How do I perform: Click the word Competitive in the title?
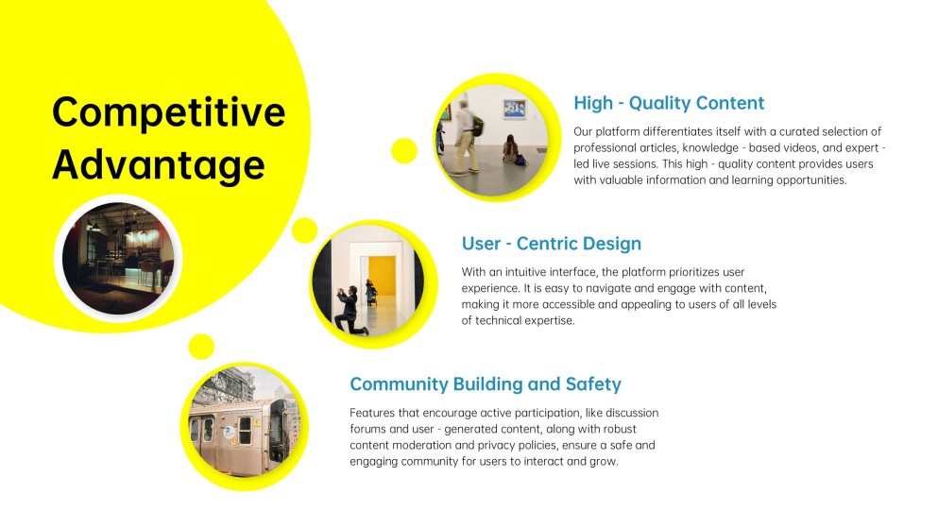coord(169,113)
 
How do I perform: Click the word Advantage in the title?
coord(159,164)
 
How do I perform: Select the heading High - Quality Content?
coord(669,103)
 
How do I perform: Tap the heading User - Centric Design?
coord(551,244)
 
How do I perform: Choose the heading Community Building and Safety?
coord(486,383)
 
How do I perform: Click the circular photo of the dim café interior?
coord(118,258)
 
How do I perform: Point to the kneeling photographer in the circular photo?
coord(350,311)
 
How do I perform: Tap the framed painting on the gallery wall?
coord(515,109)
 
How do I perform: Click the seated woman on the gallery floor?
coord(511,150)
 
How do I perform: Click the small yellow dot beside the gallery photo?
coord(404,151)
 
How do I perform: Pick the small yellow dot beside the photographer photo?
coord(304,230)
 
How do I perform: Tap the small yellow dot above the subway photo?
coord(201,347)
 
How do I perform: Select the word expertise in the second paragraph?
coord(549,321)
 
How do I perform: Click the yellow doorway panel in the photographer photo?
coord(382,276)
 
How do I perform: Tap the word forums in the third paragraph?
coord(367,429)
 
